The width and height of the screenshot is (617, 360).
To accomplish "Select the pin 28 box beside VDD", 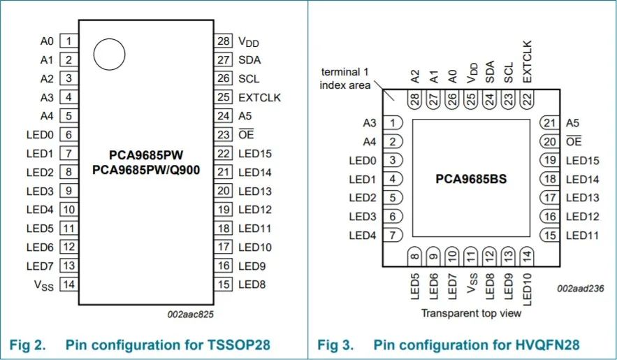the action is pyautogui.click(x=224, y=41).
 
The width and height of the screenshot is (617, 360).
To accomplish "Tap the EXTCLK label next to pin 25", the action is pyautogui.click(x=260, y=97).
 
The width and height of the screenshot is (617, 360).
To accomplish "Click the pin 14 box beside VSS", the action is pyautogui.click(x=69, y=285).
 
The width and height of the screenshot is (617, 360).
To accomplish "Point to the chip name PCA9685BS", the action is pyautogui.click(x=471, y=179).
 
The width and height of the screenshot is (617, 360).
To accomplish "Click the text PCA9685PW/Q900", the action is pyautogui.click(x=146, y=170).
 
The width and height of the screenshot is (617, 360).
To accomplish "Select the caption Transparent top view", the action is pyautogui.click(x=471, y=313).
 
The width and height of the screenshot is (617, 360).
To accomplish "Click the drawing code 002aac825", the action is pyautogui.click(x=191, y=314).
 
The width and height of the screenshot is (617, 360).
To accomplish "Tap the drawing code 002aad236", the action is pyautogui.click(x=581, y=289).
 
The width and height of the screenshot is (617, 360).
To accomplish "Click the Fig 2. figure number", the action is pyautogui.click(x=27, y=345).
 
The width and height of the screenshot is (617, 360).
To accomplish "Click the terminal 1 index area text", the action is pyautogui.click(x=345, y=79).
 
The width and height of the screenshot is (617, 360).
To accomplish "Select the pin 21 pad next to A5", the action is pyautogui.click(x=550, y=123).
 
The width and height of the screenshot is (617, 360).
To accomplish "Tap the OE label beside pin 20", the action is pyautogui.click(x=574, y=141).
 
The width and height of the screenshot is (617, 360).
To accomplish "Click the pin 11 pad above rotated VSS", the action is pyautogui.click(x=471, y=257).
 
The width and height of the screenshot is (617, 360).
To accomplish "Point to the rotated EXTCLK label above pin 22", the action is pyautogui.click(x=527, y=62).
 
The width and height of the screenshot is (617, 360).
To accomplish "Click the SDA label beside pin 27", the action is pyautogui.click(x=249, y=60).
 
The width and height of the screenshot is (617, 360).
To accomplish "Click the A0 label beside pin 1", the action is pyautogui.click(x=47, y=41).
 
